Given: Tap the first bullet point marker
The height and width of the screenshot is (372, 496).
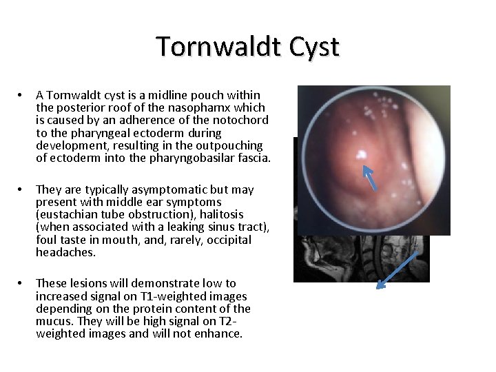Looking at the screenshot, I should [x=21, y=94].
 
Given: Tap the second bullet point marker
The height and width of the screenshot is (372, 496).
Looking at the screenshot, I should [x=21, y=189].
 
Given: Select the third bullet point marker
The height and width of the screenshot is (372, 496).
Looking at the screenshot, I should [x=21, y=283].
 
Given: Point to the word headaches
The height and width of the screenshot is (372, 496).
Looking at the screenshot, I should [x=65, y=253].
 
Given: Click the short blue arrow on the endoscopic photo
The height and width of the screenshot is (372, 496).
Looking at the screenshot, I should [x=370, y=177].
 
